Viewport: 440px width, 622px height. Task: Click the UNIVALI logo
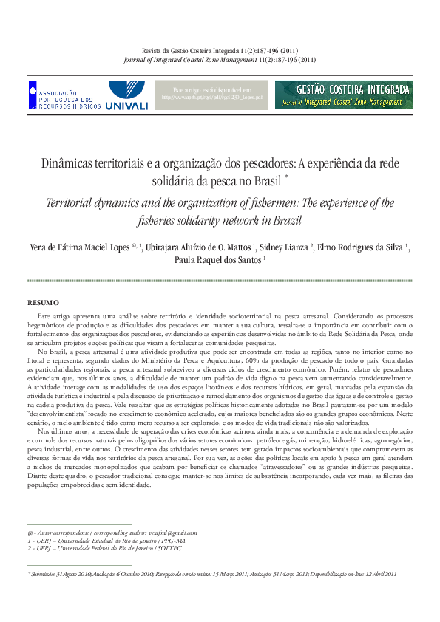point(127,96)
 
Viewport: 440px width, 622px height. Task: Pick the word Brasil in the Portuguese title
point(265,181)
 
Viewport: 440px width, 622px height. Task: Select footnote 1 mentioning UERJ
point(95,540)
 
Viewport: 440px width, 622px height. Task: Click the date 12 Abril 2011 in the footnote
point(379,573)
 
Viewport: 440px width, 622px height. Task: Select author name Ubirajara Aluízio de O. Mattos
point(200,246)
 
